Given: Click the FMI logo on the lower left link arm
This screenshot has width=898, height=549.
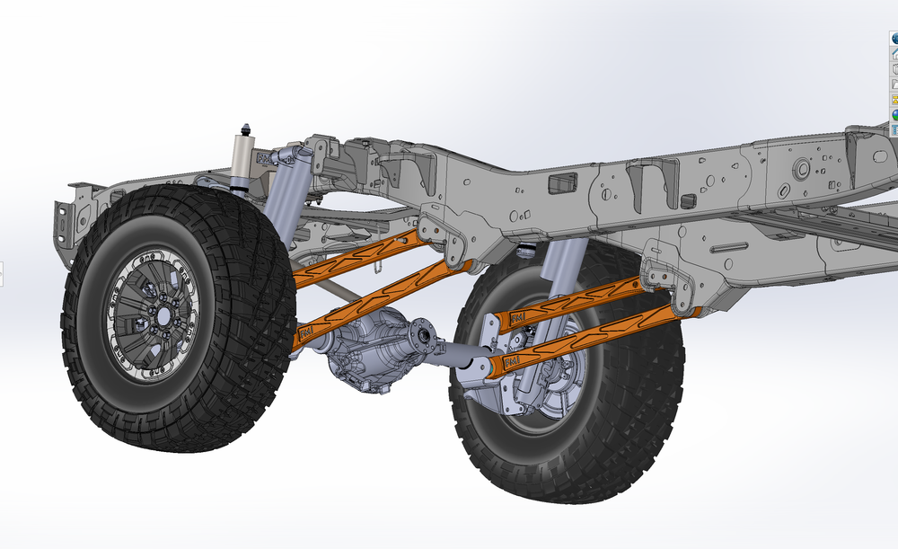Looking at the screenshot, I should [305, 332].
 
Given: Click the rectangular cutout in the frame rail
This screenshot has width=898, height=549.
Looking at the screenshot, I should [561, 184].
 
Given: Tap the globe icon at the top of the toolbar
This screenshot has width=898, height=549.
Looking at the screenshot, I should [894, 39].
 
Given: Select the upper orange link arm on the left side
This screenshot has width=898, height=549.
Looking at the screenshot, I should [355, 258].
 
